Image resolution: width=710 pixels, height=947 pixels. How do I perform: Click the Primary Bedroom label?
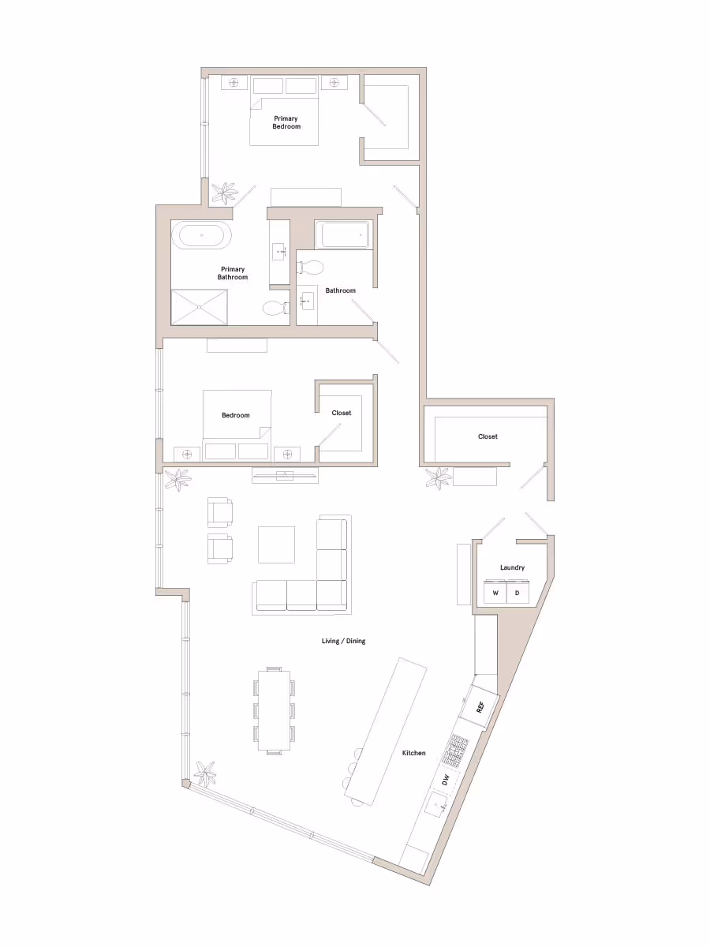(286, 122)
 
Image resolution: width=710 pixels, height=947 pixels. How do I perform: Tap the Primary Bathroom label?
(233, 273)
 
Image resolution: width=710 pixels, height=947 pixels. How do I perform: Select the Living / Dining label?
(343, 641)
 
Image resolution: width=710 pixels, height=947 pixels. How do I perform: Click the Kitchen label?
(414, 753)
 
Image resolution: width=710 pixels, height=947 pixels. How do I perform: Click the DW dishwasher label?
(446, 780)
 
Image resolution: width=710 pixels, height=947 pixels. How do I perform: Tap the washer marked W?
(495, 592)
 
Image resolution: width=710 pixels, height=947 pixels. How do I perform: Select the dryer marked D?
(518, 592)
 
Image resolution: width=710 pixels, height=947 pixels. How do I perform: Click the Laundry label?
(512, 567)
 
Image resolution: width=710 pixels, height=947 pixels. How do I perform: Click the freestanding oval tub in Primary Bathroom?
(203, 234)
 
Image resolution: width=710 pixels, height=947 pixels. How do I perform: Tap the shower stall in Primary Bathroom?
(200, 306)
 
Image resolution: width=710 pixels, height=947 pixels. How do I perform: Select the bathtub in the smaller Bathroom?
(342, 234)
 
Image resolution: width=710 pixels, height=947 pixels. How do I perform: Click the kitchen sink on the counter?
(436, 806)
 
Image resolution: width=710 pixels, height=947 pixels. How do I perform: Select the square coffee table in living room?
(276, 545)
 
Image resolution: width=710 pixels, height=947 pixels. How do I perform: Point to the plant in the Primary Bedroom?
(226, 192)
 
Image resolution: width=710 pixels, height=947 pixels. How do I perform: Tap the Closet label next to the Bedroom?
(342, 413)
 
